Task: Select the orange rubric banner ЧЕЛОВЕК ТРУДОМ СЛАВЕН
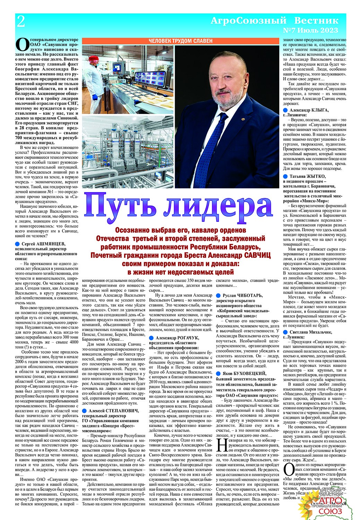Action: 181,41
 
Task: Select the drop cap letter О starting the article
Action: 22,45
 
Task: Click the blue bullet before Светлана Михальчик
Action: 285,332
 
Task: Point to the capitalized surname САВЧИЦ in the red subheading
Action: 253,255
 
